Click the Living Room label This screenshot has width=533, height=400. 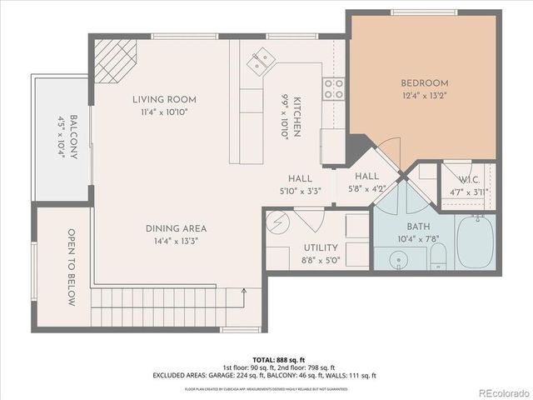coord(163,100)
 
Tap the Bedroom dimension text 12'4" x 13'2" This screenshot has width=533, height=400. coord(424,96)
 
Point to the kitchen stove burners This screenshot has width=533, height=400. coord(333,88)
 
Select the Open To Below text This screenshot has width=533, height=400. coord(72,267)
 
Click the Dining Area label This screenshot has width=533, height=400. coord(176,228)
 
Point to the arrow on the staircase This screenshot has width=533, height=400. coord(242,292)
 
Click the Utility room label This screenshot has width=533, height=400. coord(321,247)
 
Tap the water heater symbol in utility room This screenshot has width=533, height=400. coord(279,222)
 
